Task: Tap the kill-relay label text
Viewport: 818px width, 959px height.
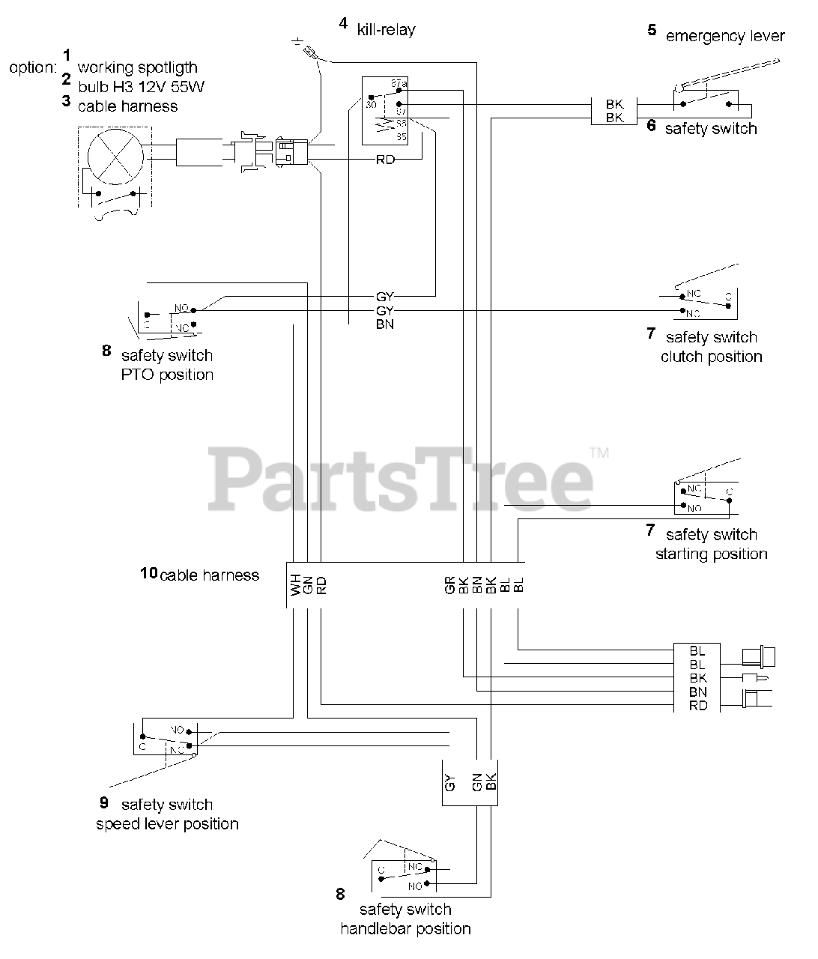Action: pos(386,30)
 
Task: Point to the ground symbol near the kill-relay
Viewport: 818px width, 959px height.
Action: pos(299,42)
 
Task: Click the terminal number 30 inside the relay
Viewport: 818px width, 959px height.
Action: pos(371,106)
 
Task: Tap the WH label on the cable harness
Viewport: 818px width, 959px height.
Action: pos(295,584)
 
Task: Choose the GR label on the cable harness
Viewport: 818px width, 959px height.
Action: pos(450,584)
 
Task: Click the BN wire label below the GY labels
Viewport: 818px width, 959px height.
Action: pos(384,324)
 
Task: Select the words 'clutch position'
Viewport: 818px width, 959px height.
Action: pos(711,357)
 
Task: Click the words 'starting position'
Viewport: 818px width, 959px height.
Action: pos(711,554)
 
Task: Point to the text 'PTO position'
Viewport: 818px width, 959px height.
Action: pos(167,375)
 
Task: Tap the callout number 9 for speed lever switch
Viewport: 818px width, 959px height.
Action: pos(104,802)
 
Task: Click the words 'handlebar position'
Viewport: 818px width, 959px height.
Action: pos(405,929)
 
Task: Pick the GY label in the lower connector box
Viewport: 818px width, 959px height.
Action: pos(450,784)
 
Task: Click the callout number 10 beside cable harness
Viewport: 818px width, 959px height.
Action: pos(148,573)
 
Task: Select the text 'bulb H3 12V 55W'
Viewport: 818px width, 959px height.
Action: pos(142,87)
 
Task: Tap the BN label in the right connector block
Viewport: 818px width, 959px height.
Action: pos(697,692)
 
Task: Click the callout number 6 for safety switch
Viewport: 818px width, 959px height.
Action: pos(652,125)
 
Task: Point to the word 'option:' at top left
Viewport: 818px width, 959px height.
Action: pos(32,67)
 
